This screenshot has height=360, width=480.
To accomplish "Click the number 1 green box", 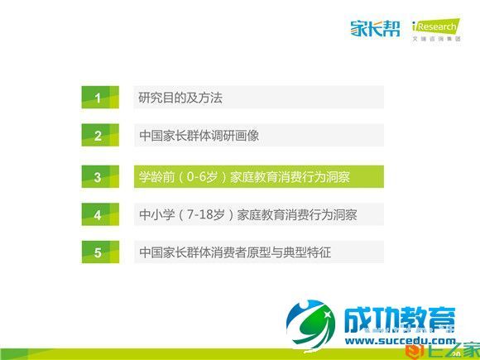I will pyautogui.click(x=97, y=98).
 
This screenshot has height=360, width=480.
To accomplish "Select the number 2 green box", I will pyautogui.click(x=97, y=136).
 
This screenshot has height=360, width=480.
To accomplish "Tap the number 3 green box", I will pyautogui.click(x=97, y=176).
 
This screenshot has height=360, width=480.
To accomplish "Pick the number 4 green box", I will pyautogui.click(x=97, y=214).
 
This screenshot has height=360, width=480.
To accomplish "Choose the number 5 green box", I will pyautogui.click(x=97, y=252).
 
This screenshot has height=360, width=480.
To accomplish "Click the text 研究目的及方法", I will pyautogui.click(x=180, y=98).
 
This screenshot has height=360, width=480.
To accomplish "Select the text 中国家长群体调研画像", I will pyautogui.click(x=199, y=136).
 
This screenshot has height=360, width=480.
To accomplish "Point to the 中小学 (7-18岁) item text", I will pyautogui.click(x=248, y=214).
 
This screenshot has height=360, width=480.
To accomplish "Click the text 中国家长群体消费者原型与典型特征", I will pyautogui.click(x=235, y=252).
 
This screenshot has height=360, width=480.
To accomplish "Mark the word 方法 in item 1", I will pyautogui.click(x=210, y=98).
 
